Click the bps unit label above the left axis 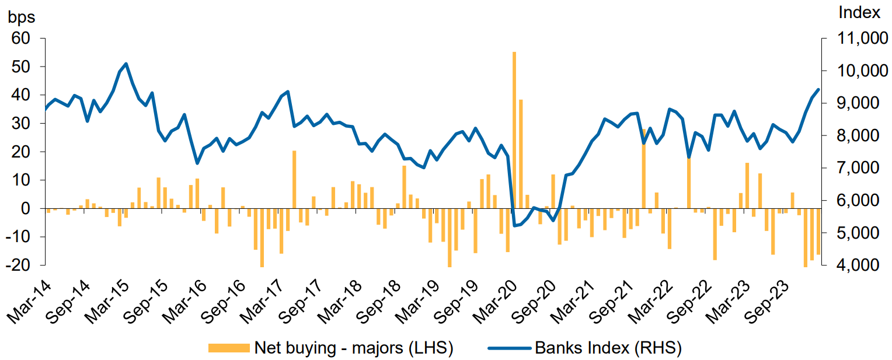(21, 17)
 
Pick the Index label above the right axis (858, 12)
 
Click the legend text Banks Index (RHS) (608, 348)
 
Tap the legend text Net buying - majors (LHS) (354, 348)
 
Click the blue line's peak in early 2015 (126, 64)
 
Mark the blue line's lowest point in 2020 (514, 226)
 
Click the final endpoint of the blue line (818, 89)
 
